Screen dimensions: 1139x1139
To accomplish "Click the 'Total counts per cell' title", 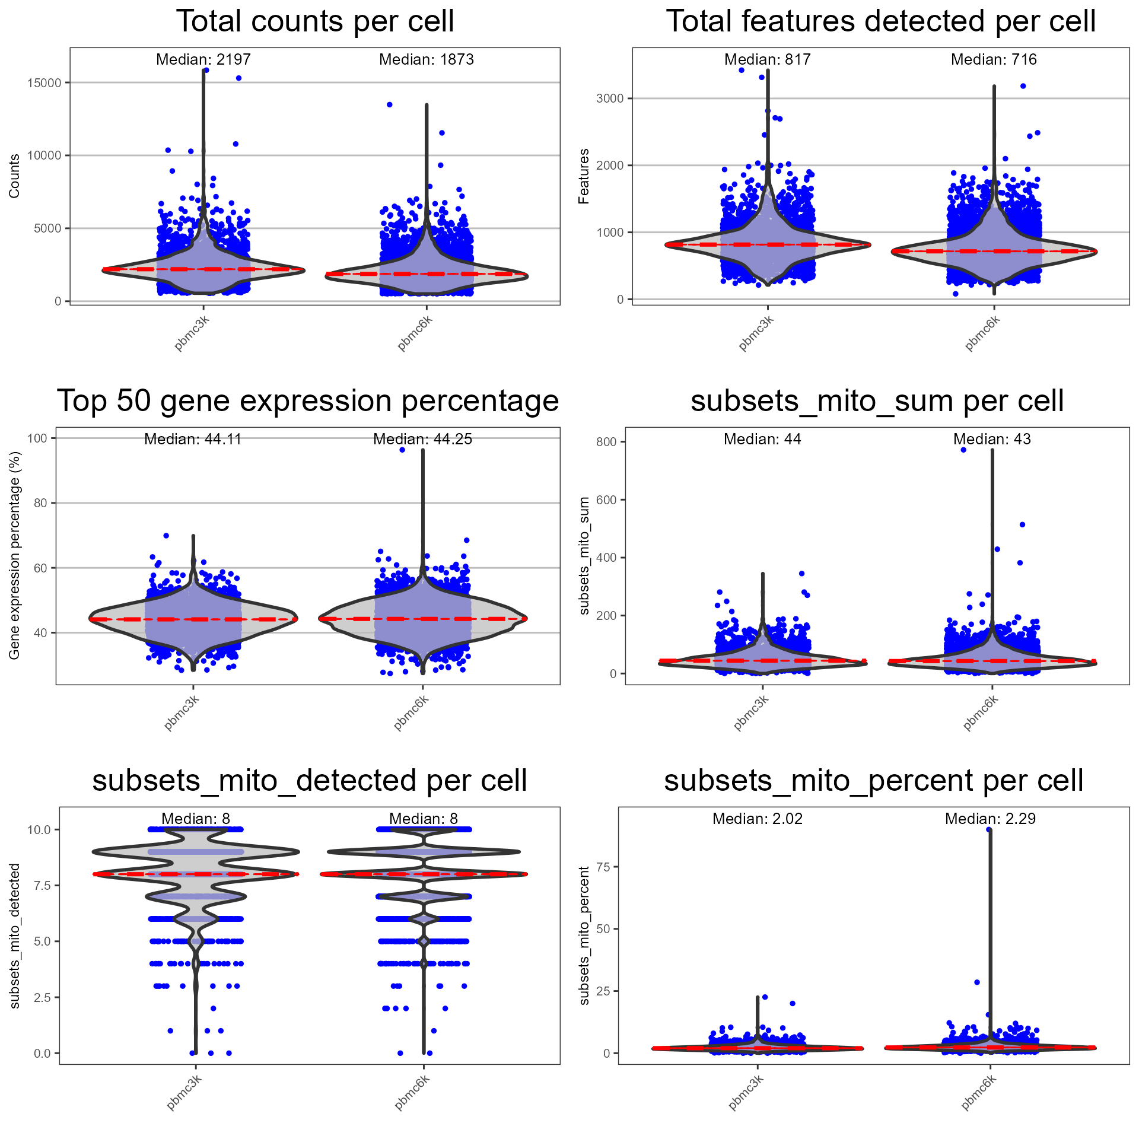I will click(x=315, y=22).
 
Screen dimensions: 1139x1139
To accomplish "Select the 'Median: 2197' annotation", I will click(x=203, y=59).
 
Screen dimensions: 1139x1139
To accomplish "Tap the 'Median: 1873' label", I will click(x=427, y=59).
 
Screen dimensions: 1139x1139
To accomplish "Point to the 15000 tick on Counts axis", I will click(x=44, y=83).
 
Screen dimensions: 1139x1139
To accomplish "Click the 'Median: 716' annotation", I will click(x=994, y=59).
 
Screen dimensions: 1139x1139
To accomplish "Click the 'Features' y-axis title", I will click(x=584, y=176).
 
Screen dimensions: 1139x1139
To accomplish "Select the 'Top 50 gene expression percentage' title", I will click(x=308, y=401).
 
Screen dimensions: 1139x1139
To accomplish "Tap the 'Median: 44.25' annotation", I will click(x=422, y=439).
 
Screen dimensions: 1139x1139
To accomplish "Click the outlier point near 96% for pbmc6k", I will click(x=402, y=450).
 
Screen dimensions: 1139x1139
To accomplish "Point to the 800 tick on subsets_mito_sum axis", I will click(x=607, y=442).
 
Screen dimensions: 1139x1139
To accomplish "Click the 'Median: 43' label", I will click(x=992, y=439).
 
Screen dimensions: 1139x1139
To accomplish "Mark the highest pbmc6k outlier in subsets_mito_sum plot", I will click(x=963, y=450).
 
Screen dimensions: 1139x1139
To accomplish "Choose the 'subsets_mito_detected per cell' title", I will click(x=310, y=781).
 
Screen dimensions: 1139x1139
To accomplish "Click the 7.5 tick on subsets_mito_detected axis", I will click(x=39, y=886).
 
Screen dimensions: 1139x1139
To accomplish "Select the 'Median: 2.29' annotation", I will click(x=990, y=819).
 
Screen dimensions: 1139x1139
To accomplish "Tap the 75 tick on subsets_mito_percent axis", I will click(x=603, y=867).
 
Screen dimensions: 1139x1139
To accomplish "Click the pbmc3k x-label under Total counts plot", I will click(x=192, y=334).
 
